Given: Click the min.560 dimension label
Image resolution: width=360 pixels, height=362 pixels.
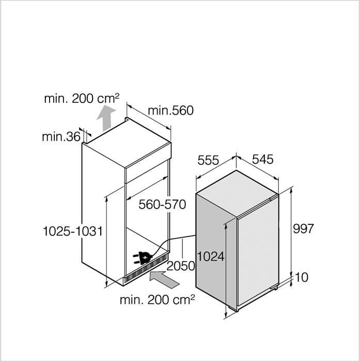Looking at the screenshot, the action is [170, 111].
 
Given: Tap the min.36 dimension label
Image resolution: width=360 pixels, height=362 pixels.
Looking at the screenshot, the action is [61, 137].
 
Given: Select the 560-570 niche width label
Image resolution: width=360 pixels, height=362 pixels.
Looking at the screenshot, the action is [162, 205].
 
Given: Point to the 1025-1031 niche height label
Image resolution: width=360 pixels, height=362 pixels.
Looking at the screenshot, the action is [73, 231].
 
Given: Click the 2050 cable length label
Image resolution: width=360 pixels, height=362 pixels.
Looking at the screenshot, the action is [181, 266].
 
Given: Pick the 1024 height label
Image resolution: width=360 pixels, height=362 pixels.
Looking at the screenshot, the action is [211, 257].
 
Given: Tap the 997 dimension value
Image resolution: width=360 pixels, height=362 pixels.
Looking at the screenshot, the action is [304, 229].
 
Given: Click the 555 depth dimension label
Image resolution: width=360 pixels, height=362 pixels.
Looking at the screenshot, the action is [208, 160].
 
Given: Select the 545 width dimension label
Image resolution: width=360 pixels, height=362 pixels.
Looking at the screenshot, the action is [263, 159].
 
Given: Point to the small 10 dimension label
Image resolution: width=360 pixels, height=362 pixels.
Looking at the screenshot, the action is [302, 277].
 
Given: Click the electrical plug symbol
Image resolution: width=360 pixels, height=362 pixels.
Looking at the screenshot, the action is [142, 259].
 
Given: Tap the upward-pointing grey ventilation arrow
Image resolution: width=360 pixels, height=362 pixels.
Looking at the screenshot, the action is [106, 118].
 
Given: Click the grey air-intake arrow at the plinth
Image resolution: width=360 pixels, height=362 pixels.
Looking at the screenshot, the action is [164, 280].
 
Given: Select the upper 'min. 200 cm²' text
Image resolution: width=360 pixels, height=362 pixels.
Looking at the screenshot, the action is [82, 99].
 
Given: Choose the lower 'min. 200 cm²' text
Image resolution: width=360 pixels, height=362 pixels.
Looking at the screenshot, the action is [158, 299].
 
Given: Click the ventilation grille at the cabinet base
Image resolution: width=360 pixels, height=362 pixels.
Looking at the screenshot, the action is [146, 268].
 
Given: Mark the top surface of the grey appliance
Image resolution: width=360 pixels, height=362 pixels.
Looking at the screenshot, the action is [237, 194].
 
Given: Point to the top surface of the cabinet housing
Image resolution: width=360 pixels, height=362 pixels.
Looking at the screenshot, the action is [127, 144].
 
